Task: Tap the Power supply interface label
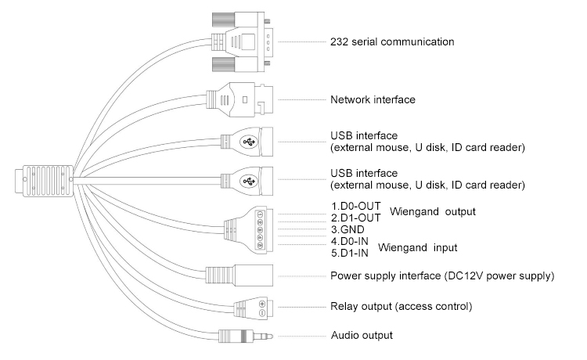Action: pyautogui.click(x=443, y=276)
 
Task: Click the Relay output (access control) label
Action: pyautogui.click(x=401, y=306)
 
